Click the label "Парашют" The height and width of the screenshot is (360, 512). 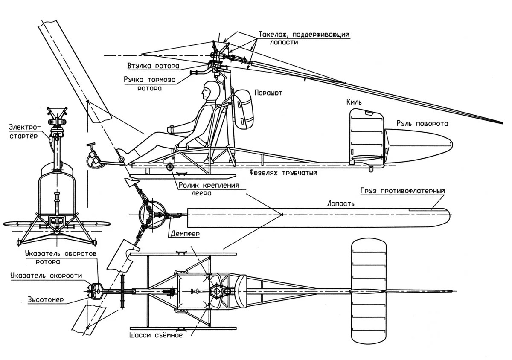tap(268, 92)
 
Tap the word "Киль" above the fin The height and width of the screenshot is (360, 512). tap(355, 102)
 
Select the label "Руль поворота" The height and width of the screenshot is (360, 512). tap(422, 124)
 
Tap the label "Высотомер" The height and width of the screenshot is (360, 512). tap(46, 299)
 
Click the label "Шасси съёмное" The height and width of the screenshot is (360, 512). tap(156, 335)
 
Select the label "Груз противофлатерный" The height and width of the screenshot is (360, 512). tap(402, 190)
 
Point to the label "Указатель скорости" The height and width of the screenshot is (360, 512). tap(46, 276)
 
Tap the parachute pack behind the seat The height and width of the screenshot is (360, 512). tap(243, 109)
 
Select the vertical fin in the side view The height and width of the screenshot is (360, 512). tap(367, 136)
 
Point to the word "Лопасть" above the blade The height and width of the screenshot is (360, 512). tap(340, 203)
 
